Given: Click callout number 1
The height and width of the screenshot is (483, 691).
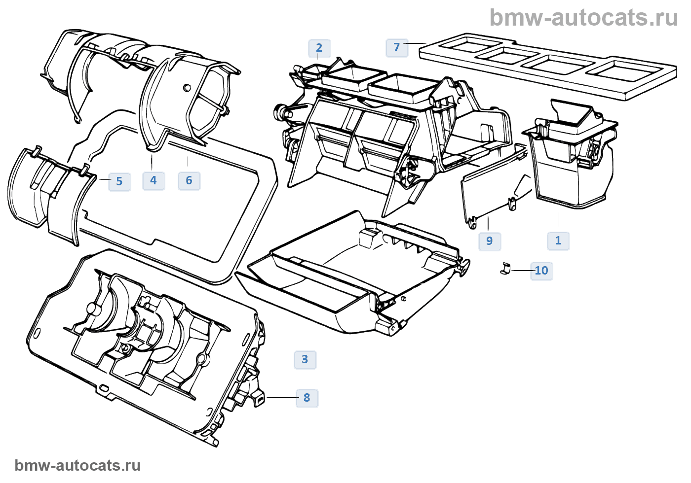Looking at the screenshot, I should [558, 241].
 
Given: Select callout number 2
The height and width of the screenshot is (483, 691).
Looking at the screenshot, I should [319, 48].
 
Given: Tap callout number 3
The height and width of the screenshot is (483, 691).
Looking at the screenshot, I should [305, 360].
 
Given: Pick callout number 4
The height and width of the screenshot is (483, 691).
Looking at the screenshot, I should [154, 181].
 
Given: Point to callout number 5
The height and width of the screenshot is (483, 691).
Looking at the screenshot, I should [119, 182].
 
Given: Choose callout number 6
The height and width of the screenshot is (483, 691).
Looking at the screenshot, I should [189, 181].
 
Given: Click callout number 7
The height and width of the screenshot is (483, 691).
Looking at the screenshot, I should [397, 48].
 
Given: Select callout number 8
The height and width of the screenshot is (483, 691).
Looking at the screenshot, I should [307, 398].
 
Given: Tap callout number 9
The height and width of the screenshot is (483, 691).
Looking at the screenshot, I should [490, 241].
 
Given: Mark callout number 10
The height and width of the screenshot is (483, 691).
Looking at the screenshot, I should [541, 271].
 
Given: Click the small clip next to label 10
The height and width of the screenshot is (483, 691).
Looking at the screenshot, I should [504, 269].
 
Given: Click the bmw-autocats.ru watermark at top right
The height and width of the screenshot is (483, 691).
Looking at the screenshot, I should [583, 18].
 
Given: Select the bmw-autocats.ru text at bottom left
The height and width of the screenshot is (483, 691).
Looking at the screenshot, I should [77, 465].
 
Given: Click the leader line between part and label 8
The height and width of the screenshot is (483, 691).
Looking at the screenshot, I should [281, 397].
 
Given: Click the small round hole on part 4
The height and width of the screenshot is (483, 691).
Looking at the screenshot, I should [187, 88].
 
